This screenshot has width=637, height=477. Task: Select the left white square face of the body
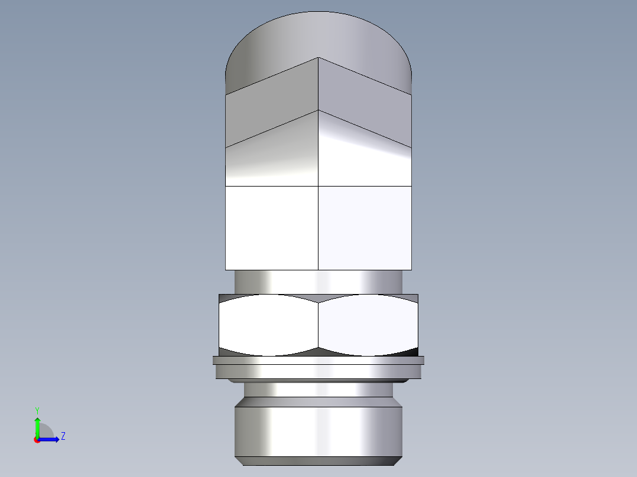click(272, 228)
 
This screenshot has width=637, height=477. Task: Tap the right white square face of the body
click(365, 228)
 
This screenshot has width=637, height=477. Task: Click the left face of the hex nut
click(269, 325)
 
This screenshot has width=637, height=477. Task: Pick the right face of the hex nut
click(368, 325)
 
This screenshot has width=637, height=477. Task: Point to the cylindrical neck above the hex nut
click(318, 282)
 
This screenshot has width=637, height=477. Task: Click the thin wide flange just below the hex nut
click(318, 360)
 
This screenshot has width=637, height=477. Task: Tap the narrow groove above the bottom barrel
click(318, 390)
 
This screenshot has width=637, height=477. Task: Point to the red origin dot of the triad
click(37, 440)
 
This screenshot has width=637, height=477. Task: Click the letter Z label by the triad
click(63, 436)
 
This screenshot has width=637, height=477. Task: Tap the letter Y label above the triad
click(37, 410)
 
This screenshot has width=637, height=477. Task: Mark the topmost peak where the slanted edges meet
click(318, 58)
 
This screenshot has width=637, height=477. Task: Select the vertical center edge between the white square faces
click(318, 228)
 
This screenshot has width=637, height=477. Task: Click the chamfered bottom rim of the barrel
click(318, 460)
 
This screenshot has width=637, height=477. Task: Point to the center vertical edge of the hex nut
click(318, 325)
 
